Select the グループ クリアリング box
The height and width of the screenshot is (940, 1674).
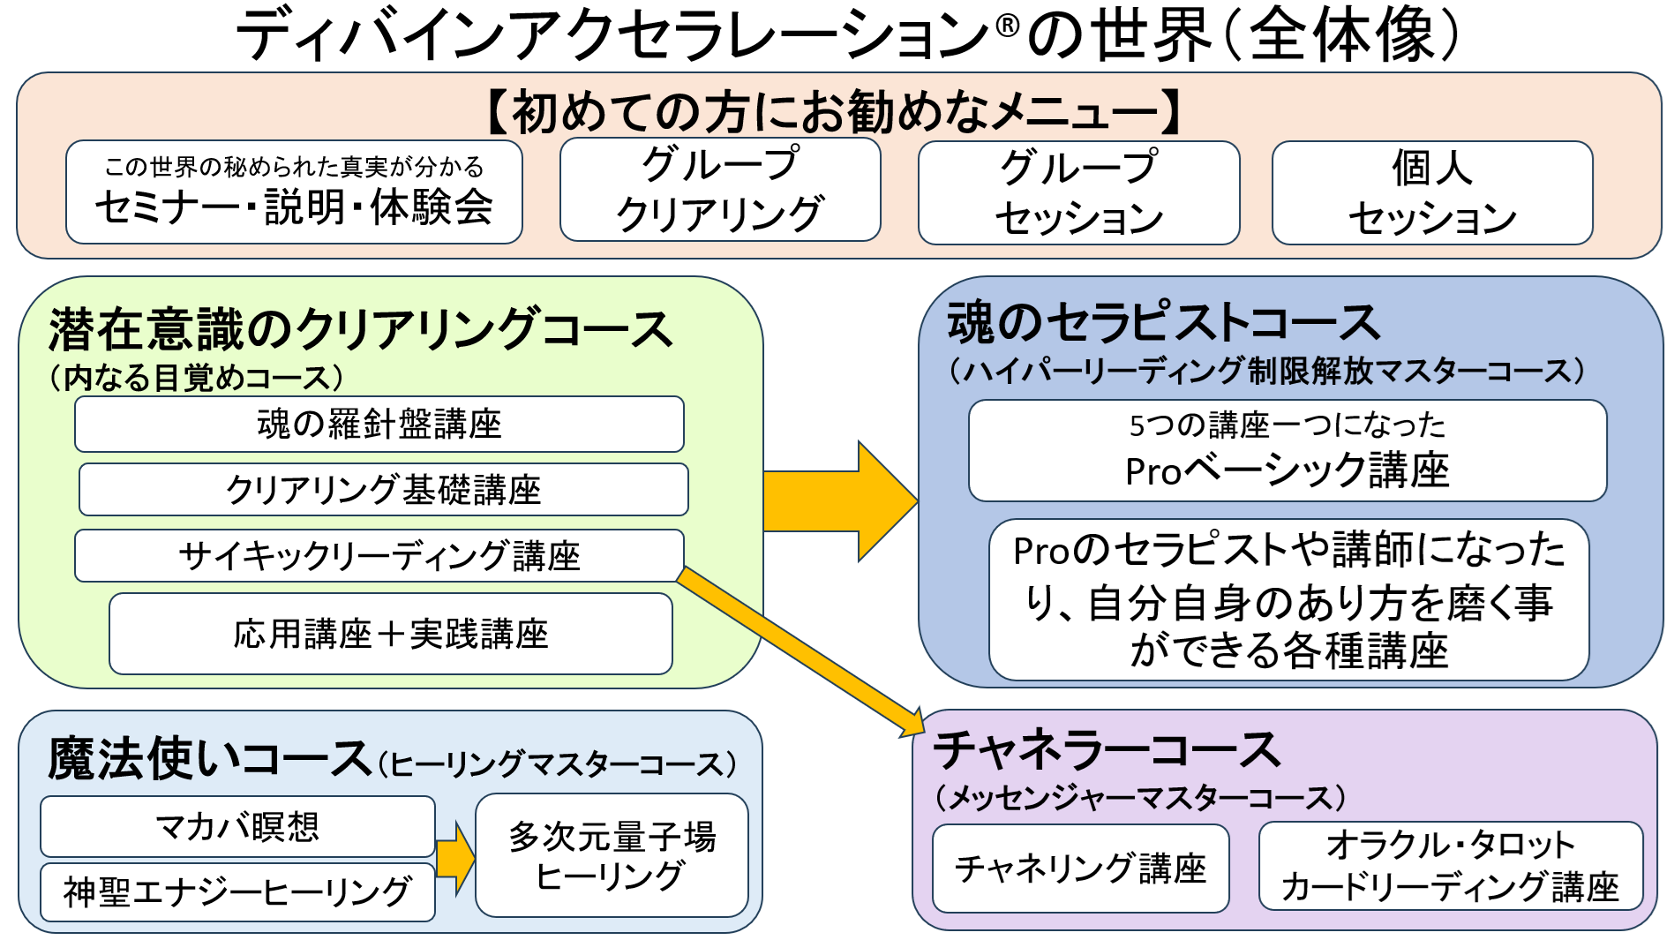tap(720, 189)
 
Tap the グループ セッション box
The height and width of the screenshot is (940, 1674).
tap(1078, 192)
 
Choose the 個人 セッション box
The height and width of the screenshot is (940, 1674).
tap(1432, 192)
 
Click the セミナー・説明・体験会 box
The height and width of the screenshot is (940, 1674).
tap(294, 192)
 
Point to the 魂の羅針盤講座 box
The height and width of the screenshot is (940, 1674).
tap(379, 424)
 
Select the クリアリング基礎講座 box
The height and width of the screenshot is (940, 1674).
tap(384, 489)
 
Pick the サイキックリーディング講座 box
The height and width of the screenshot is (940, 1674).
tap(379, 555)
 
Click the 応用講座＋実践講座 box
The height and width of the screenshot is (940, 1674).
tap(391, 634)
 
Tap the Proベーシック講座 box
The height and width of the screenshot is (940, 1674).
tap(1287, 450)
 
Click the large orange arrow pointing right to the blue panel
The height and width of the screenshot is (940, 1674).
tap(840, 501)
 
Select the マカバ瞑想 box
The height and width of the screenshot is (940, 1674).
tap(237, 826)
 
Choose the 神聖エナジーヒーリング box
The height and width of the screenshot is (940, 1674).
tap(237, 891)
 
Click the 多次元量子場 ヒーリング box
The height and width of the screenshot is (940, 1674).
tap(612, 854)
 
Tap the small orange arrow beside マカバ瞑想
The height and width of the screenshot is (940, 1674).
tap(455, 858)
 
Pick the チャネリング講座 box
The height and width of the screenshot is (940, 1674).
tap(1081, 869)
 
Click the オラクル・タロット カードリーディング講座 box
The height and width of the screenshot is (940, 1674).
tap(1451, 866)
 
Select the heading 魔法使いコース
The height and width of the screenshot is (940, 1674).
tap(210, 758)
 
